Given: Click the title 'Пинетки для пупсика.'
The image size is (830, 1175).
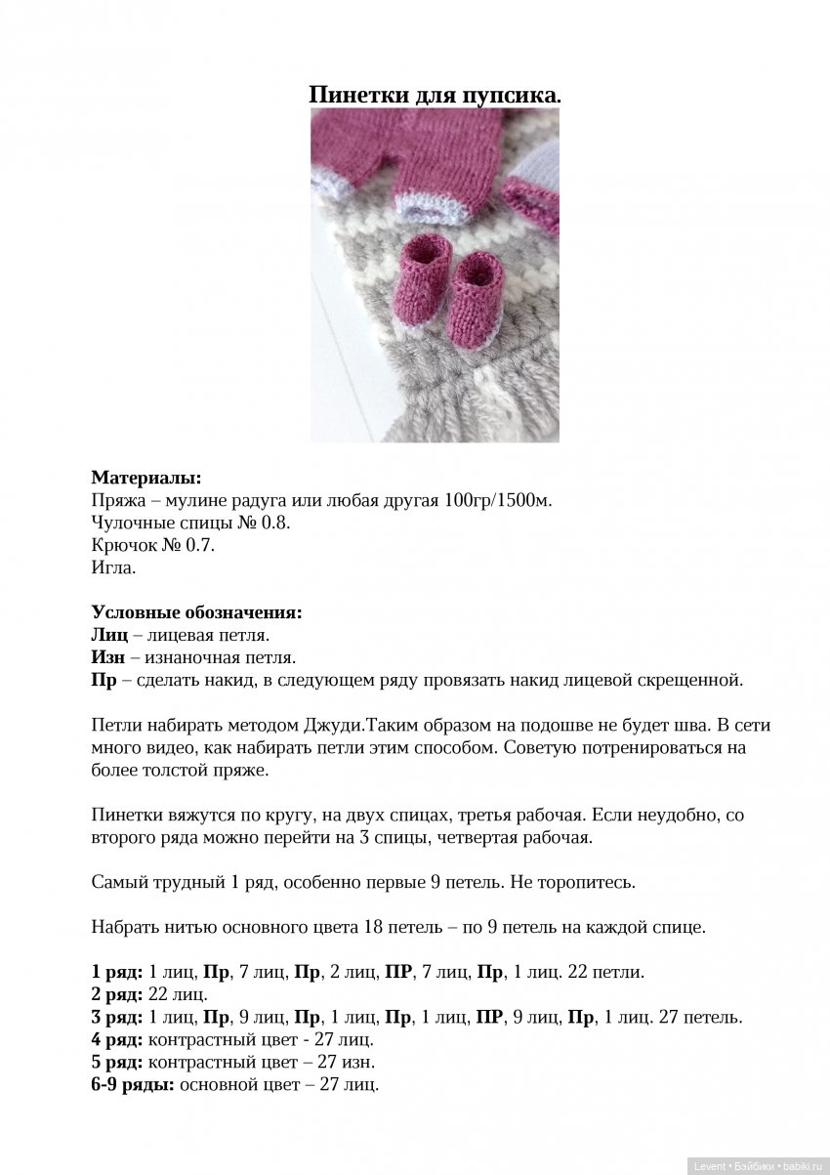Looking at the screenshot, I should coord(435,95).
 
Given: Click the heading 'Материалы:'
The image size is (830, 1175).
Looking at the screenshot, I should coord(146,478).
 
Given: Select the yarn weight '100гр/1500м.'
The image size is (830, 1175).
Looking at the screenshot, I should coord(496,500).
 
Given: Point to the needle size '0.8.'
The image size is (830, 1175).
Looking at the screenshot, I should coord(276,523).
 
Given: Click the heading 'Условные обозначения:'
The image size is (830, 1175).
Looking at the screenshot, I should coord(196,612).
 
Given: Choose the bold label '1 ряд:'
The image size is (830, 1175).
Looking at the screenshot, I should coord(117,972).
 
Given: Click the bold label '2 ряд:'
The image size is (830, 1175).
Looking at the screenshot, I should coord(117,994).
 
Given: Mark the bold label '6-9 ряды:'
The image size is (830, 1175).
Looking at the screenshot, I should coord(133,1084).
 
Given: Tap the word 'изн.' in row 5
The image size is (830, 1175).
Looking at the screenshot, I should coord(358,1062).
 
